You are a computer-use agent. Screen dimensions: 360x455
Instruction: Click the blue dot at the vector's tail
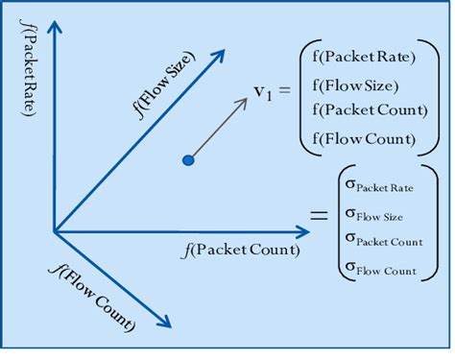coord(188,160)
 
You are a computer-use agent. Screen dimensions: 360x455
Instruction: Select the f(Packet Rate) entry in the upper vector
coord(364,56)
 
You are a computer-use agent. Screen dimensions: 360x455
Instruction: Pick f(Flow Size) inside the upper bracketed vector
coord(356,84)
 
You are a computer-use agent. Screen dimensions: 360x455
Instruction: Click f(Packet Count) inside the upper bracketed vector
coord(370,109)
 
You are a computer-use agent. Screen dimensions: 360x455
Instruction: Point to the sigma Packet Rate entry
coord(380,186)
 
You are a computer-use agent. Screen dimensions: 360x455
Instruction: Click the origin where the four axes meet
coord(55,231)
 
